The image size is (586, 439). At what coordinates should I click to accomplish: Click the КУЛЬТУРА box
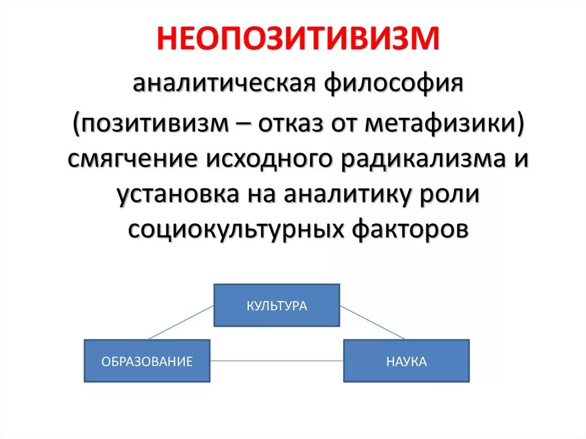(x=276, y=305)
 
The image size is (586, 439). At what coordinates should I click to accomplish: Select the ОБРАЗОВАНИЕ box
(x=147, y=361)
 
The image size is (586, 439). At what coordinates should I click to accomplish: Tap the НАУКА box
(x=406, y=361)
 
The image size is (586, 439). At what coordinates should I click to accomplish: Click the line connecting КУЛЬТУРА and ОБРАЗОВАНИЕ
(x=181, y=322)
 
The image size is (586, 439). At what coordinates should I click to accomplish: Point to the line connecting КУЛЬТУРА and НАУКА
(x=372, y=322)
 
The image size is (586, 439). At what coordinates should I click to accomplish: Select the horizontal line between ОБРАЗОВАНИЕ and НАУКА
(x=276, y=361)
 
